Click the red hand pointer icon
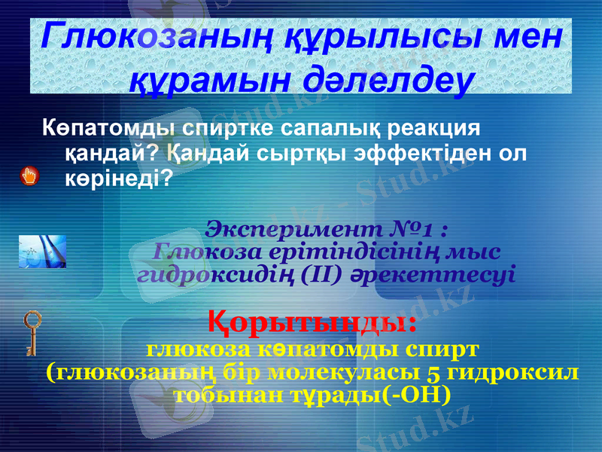(x=29, y=176)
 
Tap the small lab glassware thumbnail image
(x=42, y=252)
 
